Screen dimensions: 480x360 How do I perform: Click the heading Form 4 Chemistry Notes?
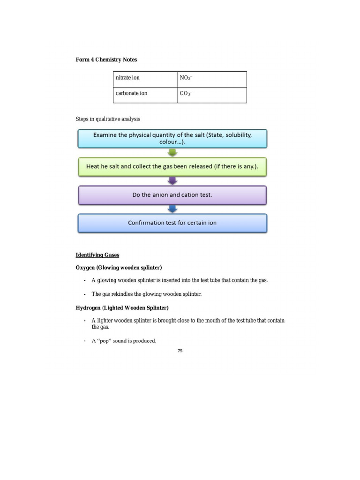click(106, 60)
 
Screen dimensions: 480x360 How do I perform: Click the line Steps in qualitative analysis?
click(108, 119)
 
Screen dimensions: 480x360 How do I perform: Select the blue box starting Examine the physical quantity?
click(172, 139)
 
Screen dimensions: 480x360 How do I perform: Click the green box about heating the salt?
click(172, 166)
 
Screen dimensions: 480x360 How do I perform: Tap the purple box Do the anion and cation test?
click(172, 195)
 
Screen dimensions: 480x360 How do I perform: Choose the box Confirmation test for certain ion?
click(172, 223)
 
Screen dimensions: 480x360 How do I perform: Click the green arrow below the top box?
click(172, 153)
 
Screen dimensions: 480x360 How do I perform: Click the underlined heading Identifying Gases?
click(97, 255)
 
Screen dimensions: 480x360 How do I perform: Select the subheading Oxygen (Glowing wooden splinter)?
click(119, 268)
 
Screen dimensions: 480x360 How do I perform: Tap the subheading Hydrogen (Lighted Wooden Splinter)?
click(122, 308)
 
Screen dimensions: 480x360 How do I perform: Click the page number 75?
click(180, 351)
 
